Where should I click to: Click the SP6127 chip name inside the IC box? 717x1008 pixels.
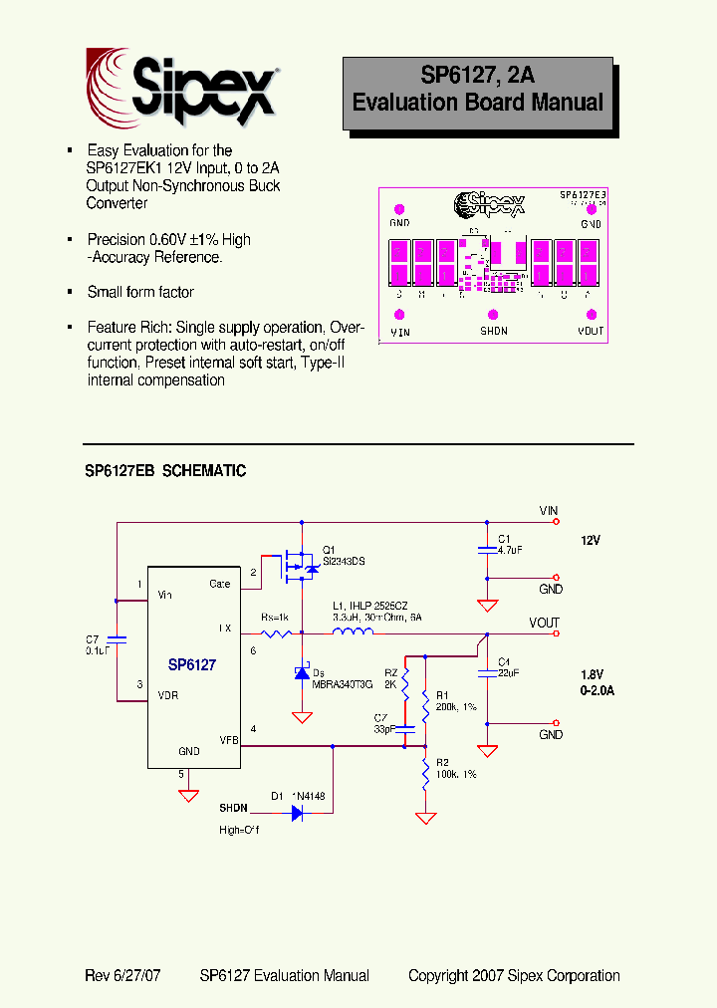coord(192,665)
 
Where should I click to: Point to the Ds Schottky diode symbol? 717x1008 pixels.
coord(302,674)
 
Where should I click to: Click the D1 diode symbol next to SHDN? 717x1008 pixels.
coord(296,813)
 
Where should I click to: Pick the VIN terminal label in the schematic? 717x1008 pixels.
coord(549,511)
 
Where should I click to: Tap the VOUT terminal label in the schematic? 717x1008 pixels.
coord(544,624)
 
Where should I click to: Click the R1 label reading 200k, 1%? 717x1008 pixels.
coord(452,701)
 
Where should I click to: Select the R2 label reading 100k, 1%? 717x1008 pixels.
coord(452,768)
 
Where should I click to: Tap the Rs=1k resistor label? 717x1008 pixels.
coord(275,618)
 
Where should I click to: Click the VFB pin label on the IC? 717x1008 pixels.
coord(229,739)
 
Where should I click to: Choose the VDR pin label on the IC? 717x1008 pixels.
coord(168,695)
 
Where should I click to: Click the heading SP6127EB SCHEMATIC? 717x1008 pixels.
coord(165,471)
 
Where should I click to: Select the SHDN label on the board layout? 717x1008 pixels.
coord(494,331)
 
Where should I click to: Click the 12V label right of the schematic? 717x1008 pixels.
coord(592,540)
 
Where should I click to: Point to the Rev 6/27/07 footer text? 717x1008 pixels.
coord(122,976)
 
